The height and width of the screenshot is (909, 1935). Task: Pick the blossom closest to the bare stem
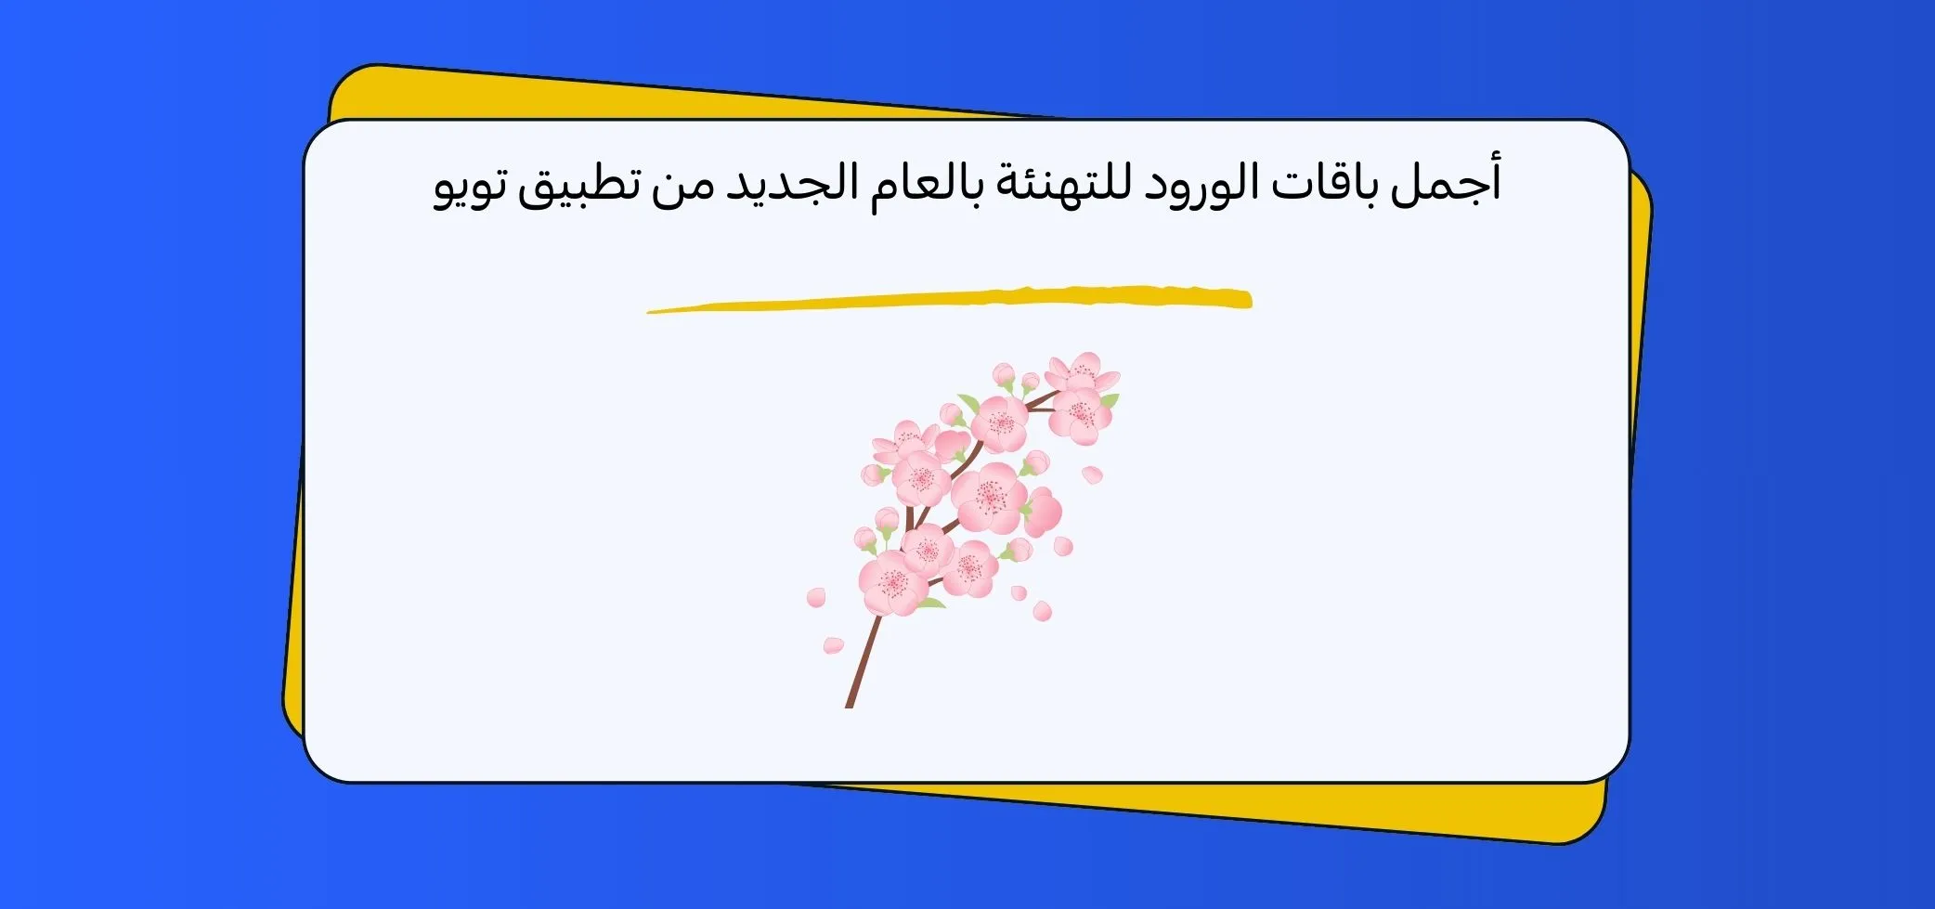[x=893, y=581]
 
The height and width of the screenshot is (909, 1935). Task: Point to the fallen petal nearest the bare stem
[x=833, y=644]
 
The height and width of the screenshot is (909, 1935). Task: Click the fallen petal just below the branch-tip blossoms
[x=1093, y=474]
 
